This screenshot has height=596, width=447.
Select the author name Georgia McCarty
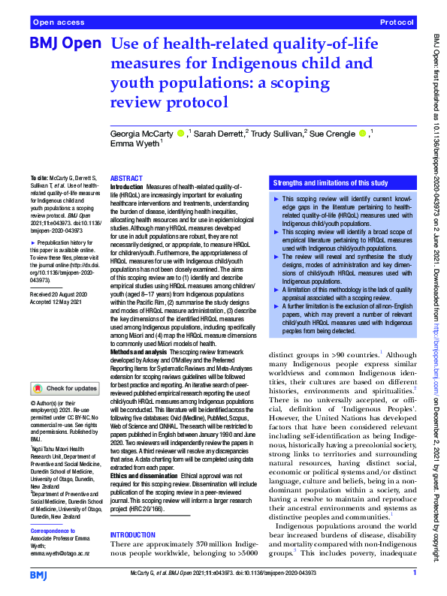coord(142,133)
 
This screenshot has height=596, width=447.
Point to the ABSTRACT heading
coord(126,177)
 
